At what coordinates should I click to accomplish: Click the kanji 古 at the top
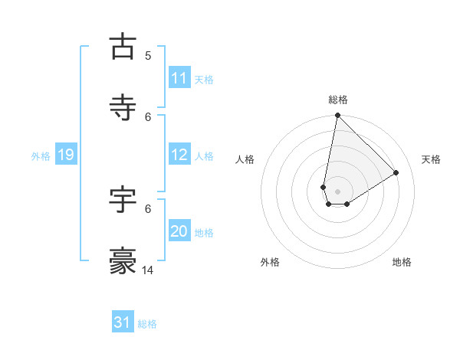tap(123, 47)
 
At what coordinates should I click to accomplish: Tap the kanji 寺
tap(123, 108)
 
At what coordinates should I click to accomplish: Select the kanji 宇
tap(123, 199)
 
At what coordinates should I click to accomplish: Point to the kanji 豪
tap(123, 261)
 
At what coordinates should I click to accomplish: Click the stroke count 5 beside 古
tap(148, 55)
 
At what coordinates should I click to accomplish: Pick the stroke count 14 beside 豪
tap(149, 270)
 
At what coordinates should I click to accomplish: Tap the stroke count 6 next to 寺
tap(148, 116)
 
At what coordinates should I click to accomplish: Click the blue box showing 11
tap(179, 78)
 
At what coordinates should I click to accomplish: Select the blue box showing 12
tap(179, 155)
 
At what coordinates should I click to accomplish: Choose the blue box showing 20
tap(179, 231)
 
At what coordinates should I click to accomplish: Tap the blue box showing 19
tap(65, 155)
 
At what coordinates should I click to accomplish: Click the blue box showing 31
tap(123, 322)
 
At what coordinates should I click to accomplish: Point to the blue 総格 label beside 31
tap(147, 324)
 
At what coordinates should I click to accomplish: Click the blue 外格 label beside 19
tap(41, 156)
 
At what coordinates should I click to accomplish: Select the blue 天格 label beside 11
tap(204, 80)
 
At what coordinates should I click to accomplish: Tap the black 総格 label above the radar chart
tap(338, 100)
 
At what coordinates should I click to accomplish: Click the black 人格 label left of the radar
tap(245, 159)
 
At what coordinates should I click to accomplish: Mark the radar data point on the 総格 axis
tap(337, 116)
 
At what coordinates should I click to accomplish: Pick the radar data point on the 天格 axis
tap(396, 172)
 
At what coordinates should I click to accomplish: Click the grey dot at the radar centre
tap(338, 191)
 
